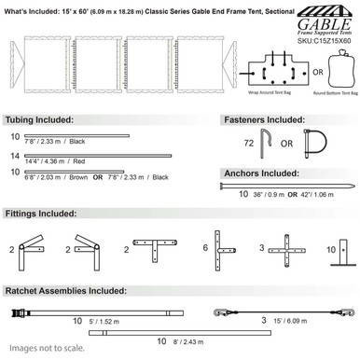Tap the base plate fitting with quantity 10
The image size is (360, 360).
coord(346,250)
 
